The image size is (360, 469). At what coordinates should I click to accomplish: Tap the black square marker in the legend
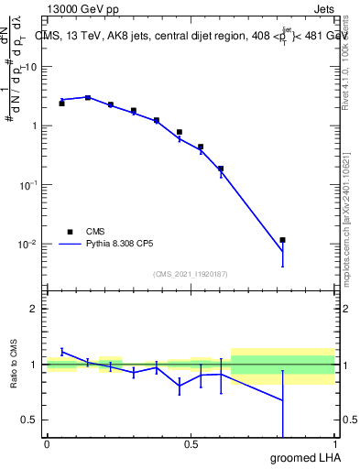[x=69, y=231]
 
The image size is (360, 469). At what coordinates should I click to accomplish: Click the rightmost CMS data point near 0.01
[x=283, y=240]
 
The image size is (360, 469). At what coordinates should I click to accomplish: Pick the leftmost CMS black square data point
[x=61, y=104]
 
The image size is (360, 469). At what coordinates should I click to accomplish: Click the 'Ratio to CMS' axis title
[x=14, y=365]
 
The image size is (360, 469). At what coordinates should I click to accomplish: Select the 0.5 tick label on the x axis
[x=191, y=444]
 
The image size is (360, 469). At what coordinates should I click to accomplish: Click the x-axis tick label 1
[x=335, y=444]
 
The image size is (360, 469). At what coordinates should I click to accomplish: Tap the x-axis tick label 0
[x=47, y=444]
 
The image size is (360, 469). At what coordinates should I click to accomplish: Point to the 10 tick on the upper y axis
[x=30, y=67]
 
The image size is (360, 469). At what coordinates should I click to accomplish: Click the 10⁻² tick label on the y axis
[x=27, y=245]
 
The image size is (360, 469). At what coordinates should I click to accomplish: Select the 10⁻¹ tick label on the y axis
[x=27, y=185]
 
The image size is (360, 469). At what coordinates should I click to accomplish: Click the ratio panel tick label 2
[x=34, y=309]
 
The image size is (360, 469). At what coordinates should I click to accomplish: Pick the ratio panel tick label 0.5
[x=29, y=420]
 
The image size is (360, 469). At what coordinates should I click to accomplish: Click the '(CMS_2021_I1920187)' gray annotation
[x=191, y=273]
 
